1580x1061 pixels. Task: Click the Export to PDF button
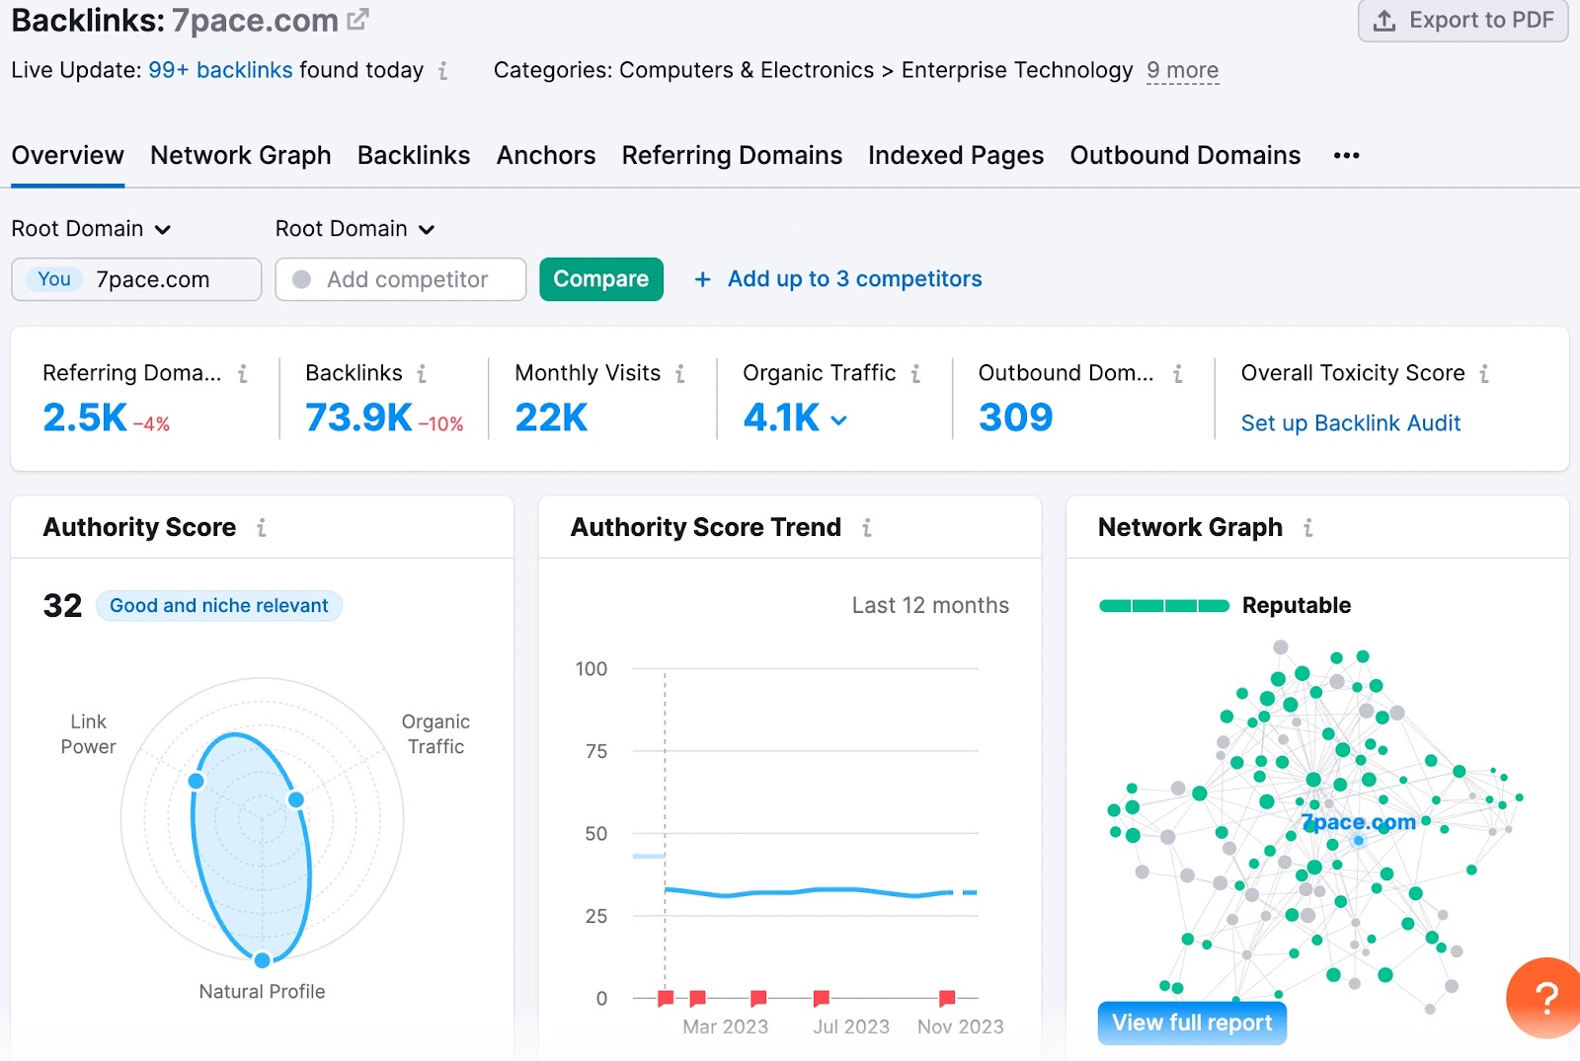click(x=1463, y=21)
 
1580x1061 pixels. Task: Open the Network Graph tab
click(x=240, y=156)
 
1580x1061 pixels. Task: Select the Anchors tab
click(x=545, y=156)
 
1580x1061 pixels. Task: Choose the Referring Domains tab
click(x=731, y=156)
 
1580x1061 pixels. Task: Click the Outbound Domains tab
click(x=1184, y=156)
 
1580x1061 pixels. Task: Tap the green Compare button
click(x=600, y=279)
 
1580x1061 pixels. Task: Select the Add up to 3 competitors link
click(x=853, y=279)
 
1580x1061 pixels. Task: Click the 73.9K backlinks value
click(x=358, y=417)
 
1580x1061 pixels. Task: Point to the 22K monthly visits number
click(x=551, y=417)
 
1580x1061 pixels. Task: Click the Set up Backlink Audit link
click(x=1350, y=423)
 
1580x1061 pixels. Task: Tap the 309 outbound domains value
click(x=1015, y=417)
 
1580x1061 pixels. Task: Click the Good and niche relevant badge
click(x=218, y=606)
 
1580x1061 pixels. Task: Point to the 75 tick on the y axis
click(x=595, y=752)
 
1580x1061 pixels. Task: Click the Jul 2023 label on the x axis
click(x=850, y=1026)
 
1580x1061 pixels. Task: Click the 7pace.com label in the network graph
click(x=1358, y=822)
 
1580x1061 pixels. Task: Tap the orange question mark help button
click(x=1545, y=998)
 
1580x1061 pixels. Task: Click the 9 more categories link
click(x=1182, y=71)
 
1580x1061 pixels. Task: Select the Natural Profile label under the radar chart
click(x=262, y=992)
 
